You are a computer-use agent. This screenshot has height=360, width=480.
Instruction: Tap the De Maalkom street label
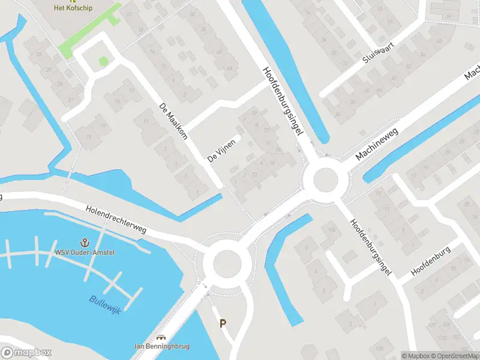[173, 121]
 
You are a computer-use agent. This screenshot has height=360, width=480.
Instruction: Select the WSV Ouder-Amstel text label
[85, 252]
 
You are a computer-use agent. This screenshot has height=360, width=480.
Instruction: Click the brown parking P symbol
[223, 323]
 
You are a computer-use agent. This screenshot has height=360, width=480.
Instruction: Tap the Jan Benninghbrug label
[161, 346]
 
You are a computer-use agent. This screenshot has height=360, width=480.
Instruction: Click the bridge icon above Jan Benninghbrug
[161, 338]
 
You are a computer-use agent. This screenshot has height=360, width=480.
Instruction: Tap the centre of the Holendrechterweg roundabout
[226, 263]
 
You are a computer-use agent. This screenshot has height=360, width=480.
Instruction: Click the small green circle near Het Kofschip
[103, 61]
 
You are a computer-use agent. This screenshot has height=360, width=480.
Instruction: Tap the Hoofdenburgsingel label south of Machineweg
[370, 238]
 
